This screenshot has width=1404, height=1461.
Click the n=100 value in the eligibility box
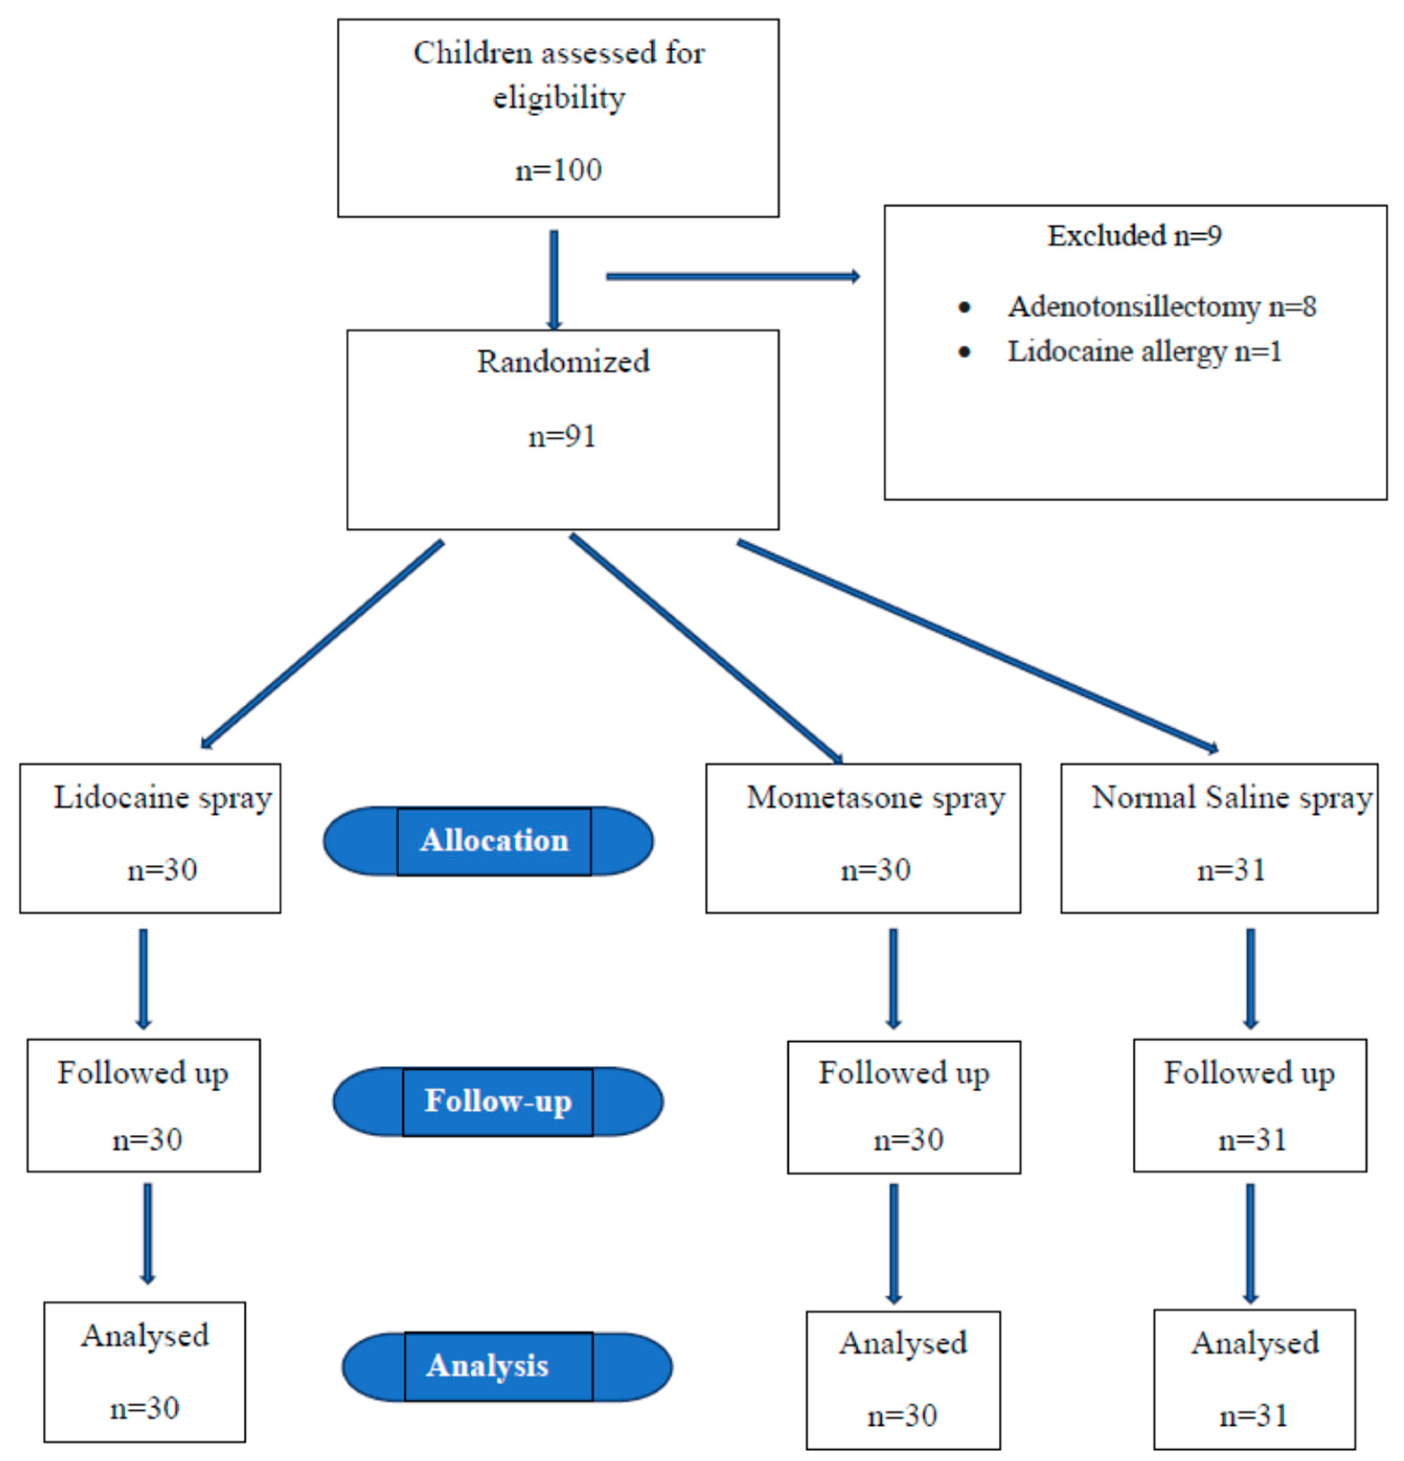click(558, 170)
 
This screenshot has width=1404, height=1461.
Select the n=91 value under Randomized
click(562, 436)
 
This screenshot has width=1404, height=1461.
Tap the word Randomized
click(563, 362)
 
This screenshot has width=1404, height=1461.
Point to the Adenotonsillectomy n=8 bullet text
click(1161, 306)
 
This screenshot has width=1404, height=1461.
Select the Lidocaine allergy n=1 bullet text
click(1144, 351)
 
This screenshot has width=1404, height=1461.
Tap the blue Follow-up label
click(498, 1101)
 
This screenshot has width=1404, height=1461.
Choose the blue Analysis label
click(487, 1366)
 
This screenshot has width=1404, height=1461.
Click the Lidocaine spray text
click(163, 798)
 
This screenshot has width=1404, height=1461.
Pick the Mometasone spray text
click(876, 798)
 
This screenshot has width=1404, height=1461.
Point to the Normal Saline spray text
click(1231, 798)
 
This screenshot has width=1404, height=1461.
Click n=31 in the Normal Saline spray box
click(1231, 870)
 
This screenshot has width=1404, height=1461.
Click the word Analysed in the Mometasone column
click(902, 1343)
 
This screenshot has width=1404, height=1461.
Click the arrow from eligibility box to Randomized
click(554, 279)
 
